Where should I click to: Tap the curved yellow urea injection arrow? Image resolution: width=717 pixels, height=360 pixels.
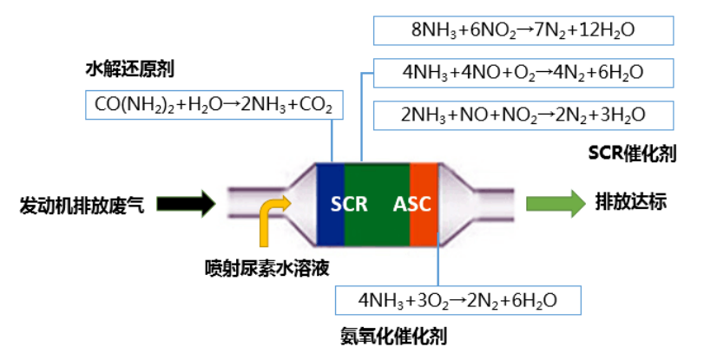tap(272, 216)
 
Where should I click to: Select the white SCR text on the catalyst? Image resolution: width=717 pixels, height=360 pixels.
tap(349, 205)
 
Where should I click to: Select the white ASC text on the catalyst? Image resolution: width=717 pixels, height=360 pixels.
tap(411, 205)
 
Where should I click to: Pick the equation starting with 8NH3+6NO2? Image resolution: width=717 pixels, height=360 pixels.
tap(523, 30)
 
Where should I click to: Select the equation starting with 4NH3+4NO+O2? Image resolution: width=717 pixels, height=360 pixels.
tap(523, 73)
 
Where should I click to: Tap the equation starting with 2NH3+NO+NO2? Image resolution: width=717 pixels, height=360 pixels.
tap(523, 115)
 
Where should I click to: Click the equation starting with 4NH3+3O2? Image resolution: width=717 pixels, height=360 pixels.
tap(457, 299)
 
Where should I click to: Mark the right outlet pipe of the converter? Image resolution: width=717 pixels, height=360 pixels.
tap(499, 204)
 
